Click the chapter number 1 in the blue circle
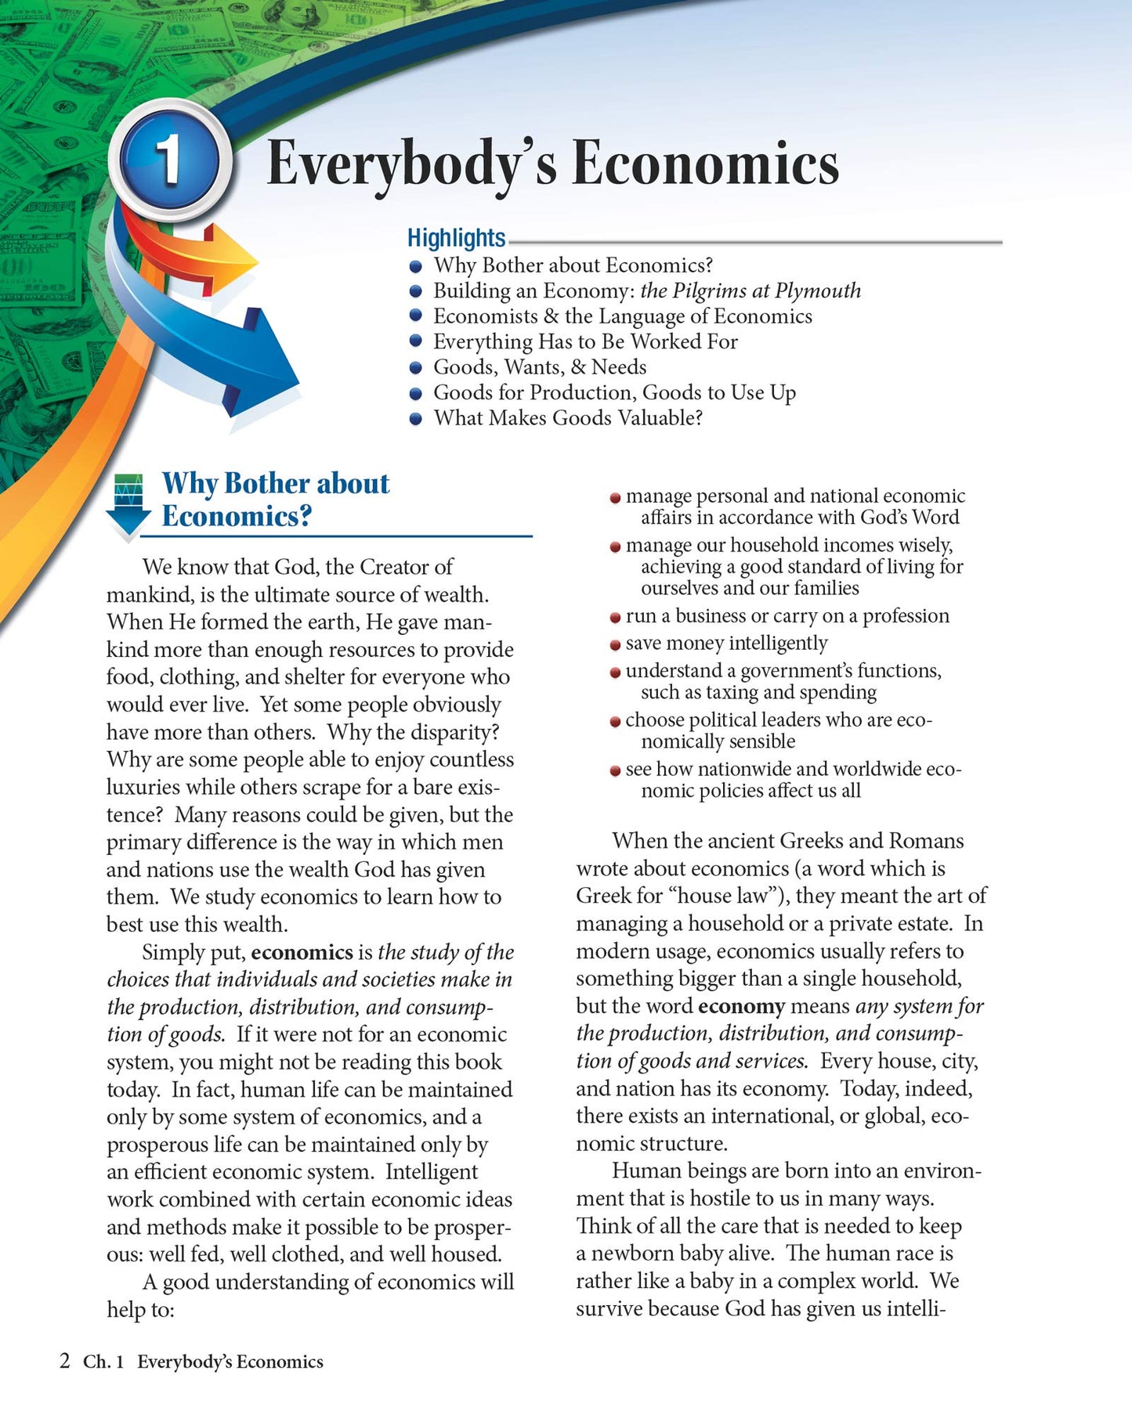[x=169, y=161]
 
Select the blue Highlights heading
[x=456, y=237]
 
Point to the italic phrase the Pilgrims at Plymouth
[x=750, y=290]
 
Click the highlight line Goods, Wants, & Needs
[x=540, y=366]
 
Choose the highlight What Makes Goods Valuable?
[x=568, y=417]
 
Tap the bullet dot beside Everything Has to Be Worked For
[x=416, y=342]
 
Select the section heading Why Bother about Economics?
[x=275, y=500]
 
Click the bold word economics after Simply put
[x=302, y=952]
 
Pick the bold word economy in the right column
[x=741, y=1006]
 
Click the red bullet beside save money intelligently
[x=616, y=645]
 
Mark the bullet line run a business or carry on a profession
[x=787, y=616]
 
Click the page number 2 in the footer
[x=65, y=1361]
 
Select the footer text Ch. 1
[x=103, y=1362]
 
